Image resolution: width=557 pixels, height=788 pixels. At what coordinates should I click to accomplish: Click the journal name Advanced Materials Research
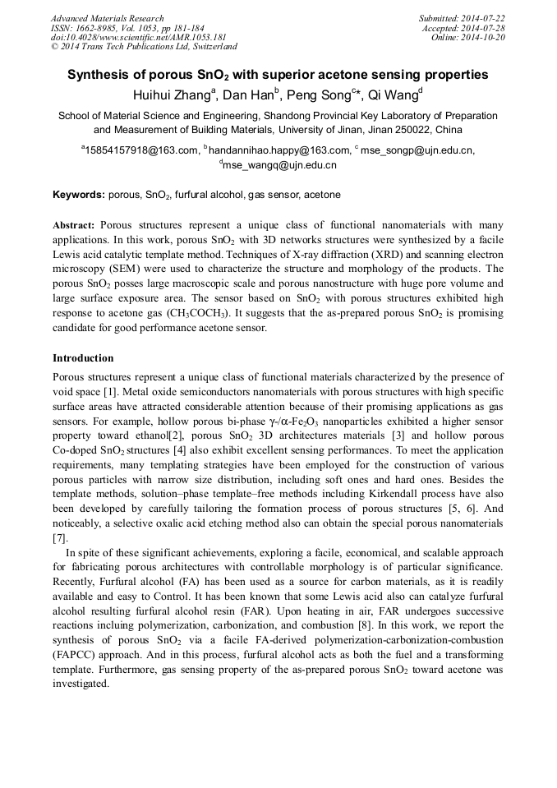click(x=107, y=18)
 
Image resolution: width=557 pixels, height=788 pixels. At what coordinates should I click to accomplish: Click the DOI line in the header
click(x=127, y=37)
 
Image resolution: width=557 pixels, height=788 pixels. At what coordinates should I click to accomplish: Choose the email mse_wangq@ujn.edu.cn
click(x=279, y=165)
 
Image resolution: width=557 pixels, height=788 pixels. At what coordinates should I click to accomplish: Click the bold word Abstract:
click(x=74, y=224)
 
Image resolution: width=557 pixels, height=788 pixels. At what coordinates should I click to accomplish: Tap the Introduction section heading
click(x=83, y=358)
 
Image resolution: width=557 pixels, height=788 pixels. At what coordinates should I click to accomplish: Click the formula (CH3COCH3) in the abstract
click(x=200, y=314)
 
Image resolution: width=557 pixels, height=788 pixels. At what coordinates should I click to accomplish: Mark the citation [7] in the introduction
click(x=60, y=538)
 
